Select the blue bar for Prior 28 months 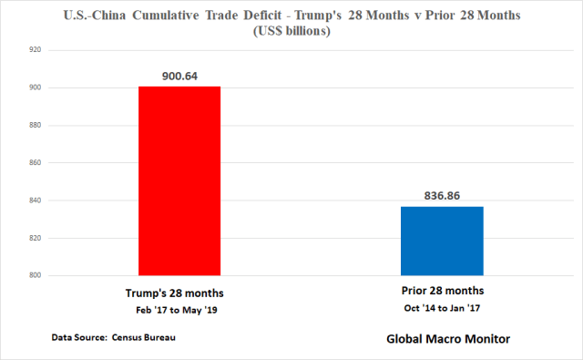click(x=442, y=241)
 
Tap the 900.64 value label click(x=179, y=76)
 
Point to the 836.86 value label click(x=442, y=196)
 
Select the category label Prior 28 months click(x=443, y=292)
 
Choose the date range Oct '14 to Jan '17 click(x=443, y=308)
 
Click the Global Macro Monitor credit click(x=442, y=339)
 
